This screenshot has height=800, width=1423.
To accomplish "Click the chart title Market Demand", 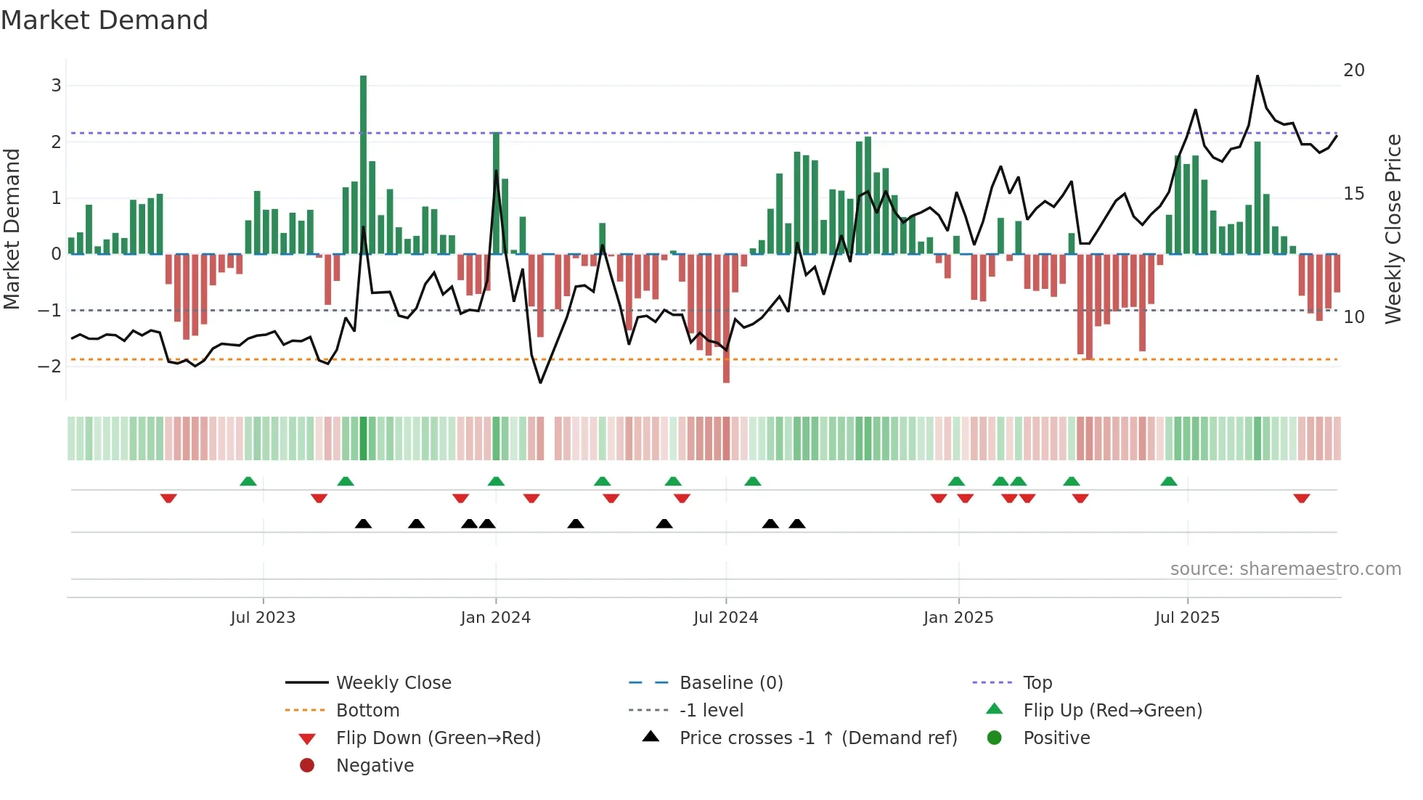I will (x=105, y=20).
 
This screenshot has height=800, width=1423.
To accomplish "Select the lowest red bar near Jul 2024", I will (x=726, y=319).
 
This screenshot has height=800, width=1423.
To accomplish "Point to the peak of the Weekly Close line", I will (x=1257, y=76).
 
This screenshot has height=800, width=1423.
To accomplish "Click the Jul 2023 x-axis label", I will (x=263, y=618).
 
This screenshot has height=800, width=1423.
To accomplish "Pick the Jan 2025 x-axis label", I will (x=958, y=618).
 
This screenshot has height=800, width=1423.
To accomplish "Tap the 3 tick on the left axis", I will (x=56, y=86).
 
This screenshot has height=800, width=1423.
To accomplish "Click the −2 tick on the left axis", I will (x=50, y=366).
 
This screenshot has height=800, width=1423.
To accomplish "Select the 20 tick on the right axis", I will (x=1354, y=70).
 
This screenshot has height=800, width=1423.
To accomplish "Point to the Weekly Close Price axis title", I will (x=1393, y=229).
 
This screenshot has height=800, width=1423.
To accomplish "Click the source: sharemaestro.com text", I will (x=1285, y=569).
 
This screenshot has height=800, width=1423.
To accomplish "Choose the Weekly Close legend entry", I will (x=393, y=683).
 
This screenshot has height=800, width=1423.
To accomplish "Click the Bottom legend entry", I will (x=367, y=711).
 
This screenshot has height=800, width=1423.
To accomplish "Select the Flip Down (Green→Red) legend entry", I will (x=438, y=738).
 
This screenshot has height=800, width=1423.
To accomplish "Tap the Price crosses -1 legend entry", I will (x=817, y=738).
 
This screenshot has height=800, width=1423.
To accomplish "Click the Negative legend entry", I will (x=375, y=766).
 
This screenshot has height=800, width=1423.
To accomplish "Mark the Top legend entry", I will (x=1037, y=683).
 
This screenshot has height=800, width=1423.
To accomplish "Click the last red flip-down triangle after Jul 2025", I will (x=1301, y=499).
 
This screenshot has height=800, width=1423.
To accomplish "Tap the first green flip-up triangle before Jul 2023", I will (x=248, y=481).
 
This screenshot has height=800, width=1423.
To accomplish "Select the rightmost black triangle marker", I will (x=797, y=524).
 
